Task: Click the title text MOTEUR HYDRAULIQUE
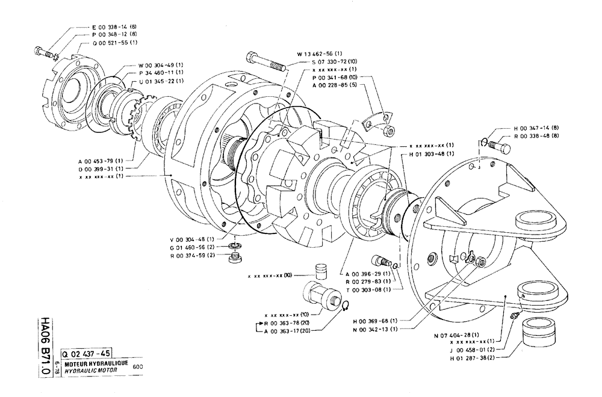pos(92,363)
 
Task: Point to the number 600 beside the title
pos(137,366)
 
